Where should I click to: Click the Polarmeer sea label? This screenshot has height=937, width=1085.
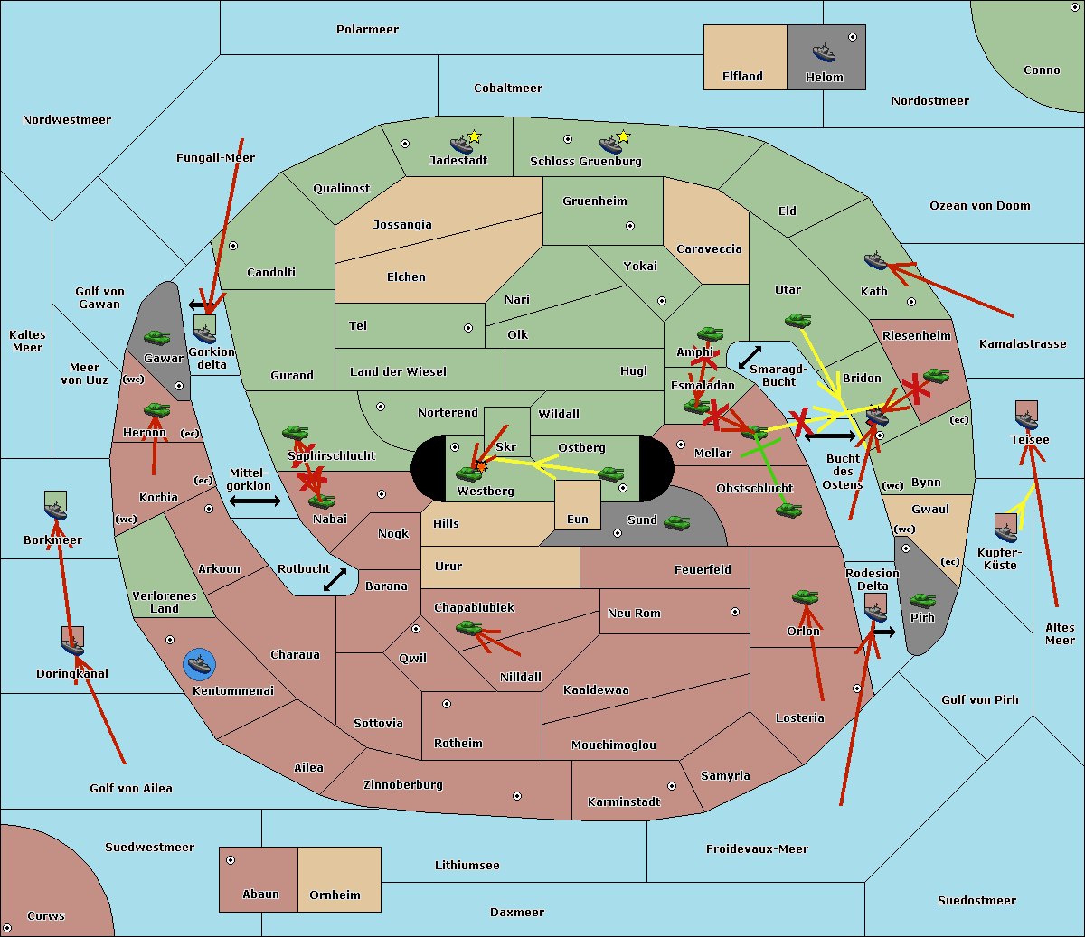coord(367,30)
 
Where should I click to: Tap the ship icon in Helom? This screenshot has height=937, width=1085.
coord(824,52)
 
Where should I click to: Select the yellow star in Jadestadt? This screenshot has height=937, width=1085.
coord(474,136)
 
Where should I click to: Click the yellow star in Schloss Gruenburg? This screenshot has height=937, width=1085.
coord(623,136)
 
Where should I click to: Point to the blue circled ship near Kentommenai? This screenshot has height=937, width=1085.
coord(199,665)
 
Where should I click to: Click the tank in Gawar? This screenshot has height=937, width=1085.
coord(157,338)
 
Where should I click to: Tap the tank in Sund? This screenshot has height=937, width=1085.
coord(676,522)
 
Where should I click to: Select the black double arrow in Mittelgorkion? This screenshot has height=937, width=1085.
coord(254,501)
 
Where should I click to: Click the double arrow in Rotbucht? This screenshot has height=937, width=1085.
coord(335,579)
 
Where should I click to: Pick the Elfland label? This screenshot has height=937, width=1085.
coord(742,77)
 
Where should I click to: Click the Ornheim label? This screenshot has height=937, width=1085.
coord(335,895)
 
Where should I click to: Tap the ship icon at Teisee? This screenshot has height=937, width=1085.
coord(1026,417)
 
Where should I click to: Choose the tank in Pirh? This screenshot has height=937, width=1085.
coord(922,601)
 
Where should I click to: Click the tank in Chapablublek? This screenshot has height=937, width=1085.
coord(468,627)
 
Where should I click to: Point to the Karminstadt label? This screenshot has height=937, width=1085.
coord(624,801)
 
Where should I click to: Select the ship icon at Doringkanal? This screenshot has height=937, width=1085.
coord(72,642)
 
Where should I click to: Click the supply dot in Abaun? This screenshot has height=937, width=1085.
coord(231,860)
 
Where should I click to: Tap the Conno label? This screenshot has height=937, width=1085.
coord(1042,70)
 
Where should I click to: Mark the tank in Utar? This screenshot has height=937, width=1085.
coord(797,320)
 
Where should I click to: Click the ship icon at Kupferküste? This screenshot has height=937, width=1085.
coord(1005,529)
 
